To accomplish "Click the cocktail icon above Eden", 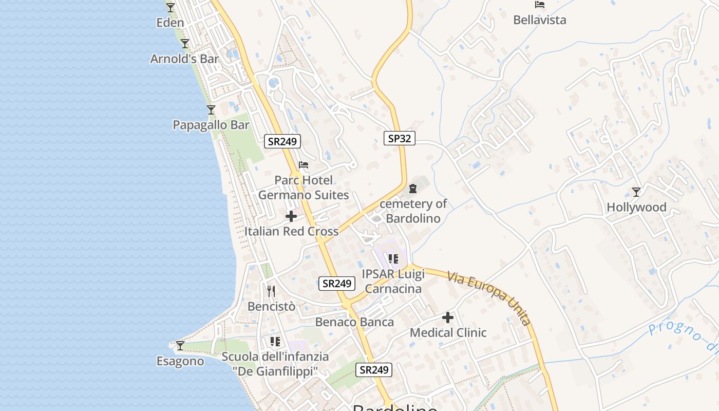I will pos(171,8).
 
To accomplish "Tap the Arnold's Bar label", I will pos(184,59).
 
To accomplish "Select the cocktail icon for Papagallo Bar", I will pos(211,110).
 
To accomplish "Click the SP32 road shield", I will pos(399,138).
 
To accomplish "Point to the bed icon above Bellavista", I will pos(540,5).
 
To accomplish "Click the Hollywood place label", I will pos(636,208).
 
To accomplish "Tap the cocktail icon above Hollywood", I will pos(636,192).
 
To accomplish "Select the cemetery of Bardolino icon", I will pos(413,189).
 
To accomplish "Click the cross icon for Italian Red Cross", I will pos(291,216).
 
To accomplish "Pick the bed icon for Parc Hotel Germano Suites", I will pos(304,165).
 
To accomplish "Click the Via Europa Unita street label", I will pos(488,298).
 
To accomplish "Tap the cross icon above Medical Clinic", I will pos(448,317).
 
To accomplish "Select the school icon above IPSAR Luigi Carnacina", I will pos(393,258).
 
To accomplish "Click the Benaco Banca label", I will pos(354,322).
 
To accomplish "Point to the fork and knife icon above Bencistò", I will pos(271,291).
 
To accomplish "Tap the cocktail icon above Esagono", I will pos(180,346).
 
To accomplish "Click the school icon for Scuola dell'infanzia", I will pos(275,342).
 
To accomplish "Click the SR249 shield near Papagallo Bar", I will pos(282,141).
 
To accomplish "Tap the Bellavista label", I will pos(540,20).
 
